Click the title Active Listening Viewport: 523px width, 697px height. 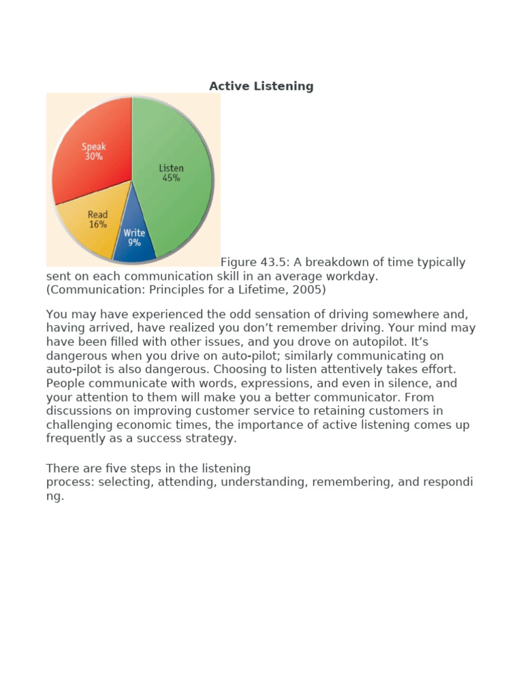[x=261, y=86]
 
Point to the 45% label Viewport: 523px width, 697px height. [x=171, y=178]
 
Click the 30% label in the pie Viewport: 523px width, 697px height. [x=93, y=157]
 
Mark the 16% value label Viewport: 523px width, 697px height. [x=97, y=225]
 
